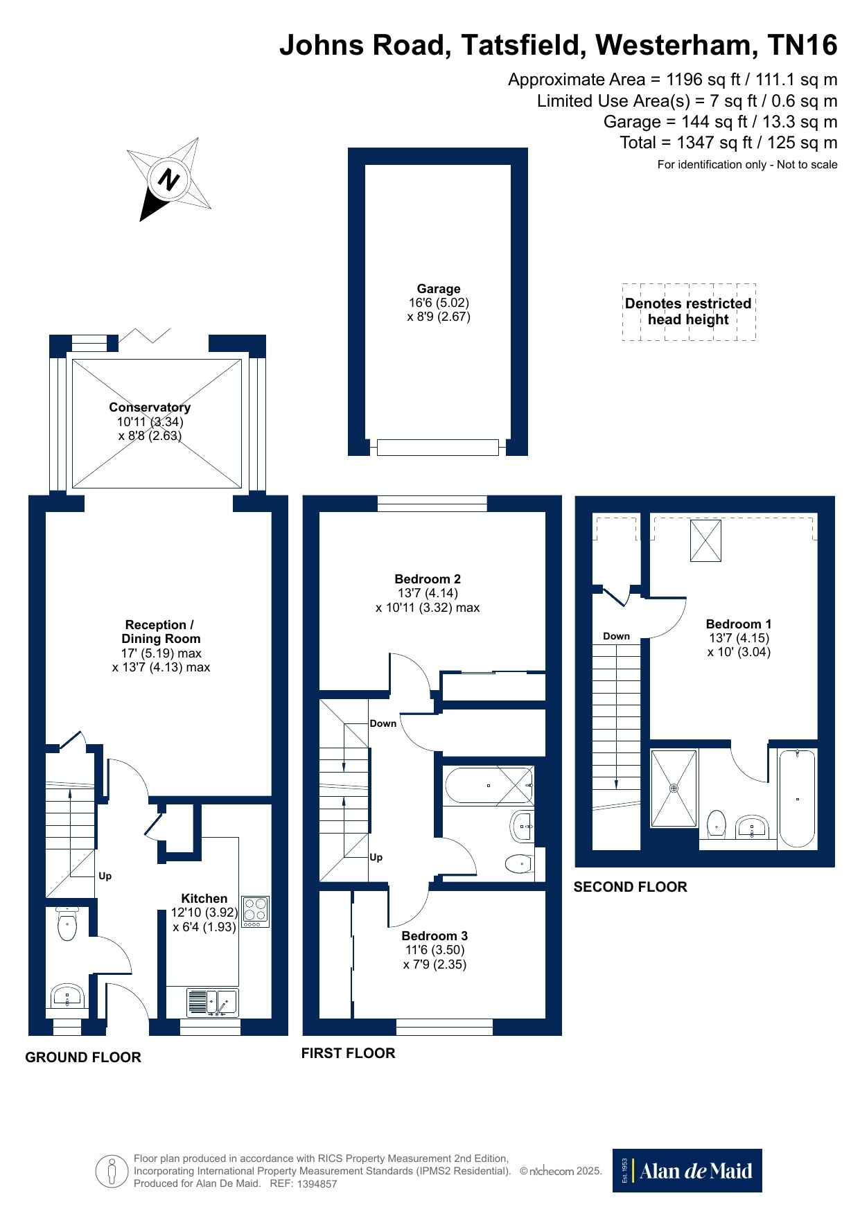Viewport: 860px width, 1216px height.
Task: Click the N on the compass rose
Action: click(x=168, y=180)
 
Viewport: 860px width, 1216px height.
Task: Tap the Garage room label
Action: click(x=439, y=289)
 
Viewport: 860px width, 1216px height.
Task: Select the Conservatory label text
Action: click(x=150, y=407)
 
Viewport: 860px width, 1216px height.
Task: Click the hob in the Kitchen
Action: click(x=255, y=912)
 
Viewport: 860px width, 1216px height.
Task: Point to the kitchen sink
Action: click(x=212, y=1003)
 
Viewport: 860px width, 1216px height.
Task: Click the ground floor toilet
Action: click(x=67, y=924)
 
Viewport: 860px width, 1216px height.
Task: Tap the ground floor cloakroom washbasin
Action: click(x=67, y=996)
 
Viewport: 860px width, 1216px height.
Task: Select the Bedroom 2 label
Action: click(x=428, y=579)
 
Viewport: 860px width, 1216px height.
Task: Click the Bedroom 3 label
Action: click(x=435, y=936)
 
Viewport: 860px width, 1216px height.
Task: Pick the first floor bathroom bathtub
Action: click(x=489, y=786)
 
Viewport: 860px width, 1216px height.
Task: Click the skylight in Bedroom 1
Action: click(x=705, y=540)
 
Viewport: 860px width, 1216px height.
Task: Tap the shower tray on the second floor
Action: click(x=674, y=788)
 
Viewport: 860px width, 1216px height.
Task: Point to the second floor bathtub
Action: click(x=798, y=799)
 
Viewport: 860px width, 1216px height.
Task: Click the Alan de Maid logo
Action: click(x=687, y=1171)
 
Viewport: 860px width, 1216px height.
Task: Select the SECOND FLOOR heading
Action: click(x=631, y=887)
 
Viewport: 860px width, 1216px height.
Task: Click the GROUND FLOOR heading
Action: click(x=83, y=1057)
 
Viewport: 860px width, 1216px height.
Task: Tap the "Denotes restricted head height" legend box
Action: click(x=689, y=312)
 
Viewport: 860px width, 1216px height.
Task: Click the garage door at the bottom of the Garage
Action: click(x=438, y=448)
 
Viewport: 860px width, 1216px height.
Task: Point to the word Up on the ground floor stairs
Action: click(x=105, y=876)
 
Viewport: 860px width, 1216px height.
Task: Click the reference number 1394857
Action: click(x=317, y=1184)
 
